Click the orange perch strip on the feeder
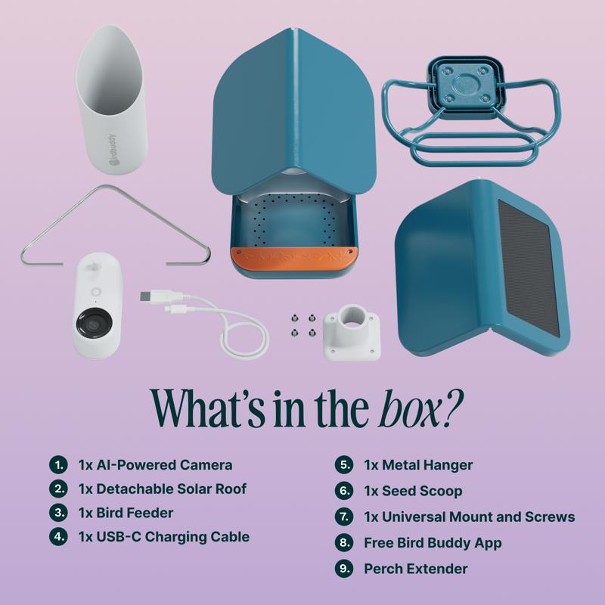point(294,259)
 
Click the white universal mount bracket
point(352,332)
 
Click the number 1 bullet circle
point(58,464)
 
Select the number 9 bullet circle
point(344,569)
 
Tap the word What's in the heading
point(208,409)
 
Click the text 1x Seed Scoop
point(413,491)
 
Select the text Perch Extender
point(415,569)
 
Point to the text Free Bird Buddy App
point(433,543)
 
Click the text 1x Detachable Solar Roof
point(163,489)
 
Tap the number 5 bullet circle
point(344,464)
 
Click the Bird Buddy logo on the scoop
point(112,150)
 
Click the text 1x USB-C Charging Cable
point(164,537)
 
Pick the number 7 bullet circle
point(344,517)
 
